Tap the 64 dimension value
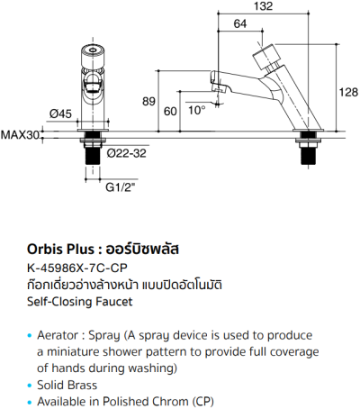[x=240, y=23]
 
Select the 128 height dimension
[x=346, y=92]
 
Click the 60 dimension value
[x=170, y=112]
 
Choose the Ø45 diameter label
[x=60, y=114]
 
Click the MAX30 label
[x=21, y=136]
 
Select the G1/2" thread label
[x=121, y=188]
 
